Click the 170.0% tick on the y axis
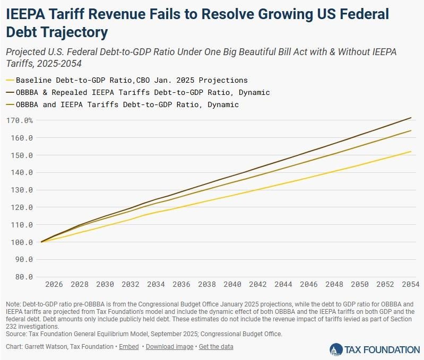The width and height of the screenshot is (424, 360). point(20,120)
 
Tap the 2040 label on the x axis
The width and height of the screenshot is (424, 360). point(232,284)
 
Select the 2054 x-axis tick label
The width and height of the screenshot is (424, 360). point(411,284)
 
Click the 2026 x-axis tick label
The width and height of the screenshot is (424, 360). point(54,284)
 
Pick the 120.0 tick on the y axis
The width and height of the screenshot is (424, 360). point(20,207)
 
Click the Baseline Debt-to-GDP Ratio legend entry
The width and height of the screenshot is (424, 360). point(131,81)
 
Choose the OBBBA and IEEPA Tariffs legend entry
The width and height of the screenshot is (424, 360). point(127,104)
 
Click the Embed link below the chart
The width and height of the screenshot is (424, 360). point(129,347)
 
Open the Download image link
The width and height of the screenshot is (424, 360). point(170,347)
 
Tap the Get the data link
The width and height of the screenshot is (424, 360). point(217,347)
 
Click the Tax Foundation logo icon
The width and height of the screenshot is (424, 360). point(336,349)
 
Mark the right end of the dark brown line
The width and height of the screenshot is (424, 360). point(411,118)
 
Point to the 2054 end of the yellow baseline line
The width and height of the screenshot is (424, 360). point(411,152)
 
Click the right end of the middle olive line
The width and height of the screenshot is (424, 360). point(411,130)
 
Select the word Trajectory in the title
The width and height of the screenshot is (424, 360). point(74,32)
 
